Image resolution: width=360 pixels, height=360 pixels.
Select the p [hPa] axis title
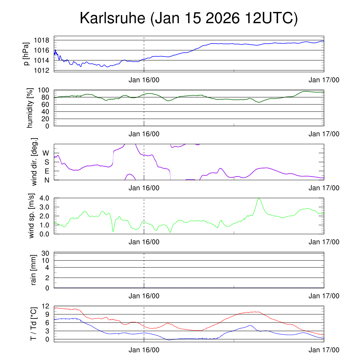click(x=26, y=53)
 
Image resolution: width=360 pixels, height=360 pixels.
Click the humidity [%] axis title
click(x=30, y=108)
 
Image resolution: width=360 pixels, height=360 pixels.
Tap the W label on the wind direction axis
click(x=46, y=153)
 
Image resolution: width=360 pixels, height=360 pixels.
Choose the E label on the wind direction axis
click(x=47, y=171)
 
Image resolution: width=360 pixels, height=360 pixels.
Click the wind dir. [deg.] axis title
click(x=34, y=162)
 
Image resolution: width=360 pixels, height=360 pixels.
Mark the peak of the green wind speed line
click(x=259, y=198)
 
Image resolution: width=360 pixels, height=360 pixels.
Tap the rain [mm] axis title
click(x=34, y=270)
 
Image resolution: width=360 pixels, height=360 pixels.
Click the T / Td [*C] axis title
click(x=33, y=324)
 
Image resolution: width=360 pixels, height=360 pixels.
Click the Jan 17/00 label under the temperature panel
click(x=324, y=350)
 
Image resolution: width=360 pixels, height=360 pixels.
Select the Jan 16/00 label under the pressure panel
click(x=144, y=80)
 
